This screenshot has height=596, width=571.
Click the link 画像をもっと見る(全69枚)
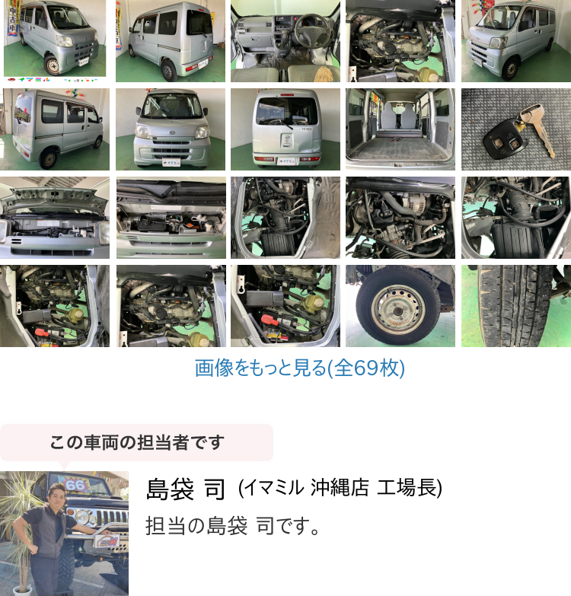(x=299, y=368)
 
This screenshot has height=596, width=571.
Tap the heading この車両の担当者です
(x=137, y=442)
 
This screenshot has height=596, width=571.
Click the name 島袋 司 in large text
(x=187, y=489)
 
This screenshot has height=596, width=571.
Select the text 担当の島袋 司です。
(x=233, y=526)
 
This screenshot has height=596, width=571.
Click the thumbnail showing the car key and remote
(x=516, y=129)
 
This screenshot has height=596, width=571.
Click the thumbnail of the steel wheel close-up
(x=400, y=306)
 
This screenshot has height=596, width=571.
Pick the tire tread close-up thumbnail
(x=516, y=306)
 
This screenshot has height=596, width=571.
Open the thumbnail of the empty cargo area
(x=400, y=129)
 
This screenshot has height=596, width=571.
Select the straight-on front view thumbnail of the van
(x=171, y=129)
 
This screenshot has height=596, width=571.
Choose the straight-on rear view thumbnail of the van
(x=285, y=129)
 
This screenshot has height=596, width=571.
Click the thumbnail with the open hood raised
(x=55, y=218)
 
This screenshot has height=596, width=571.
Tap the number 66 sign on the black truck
(x=75, y=485)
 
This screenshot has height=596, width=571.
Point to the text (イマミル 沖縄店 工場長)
(x=340, y=488)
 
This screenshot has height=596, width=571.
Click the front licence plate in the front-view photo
(x=171, y=162)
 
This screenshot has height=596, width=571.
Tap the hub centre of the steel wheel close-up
(x=398, y=311)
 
